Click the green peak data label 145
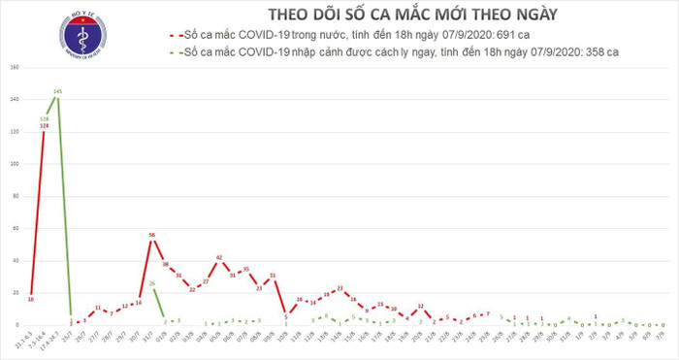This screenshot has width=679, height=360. [58, 91]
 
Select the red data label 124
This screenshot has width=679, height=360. [45, 126]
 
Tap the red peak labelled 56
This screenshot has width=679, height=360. [153, 235]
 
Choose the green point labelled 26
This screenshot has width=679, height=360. [153, 283]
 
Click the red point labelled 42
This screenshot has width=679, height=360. [219, 257]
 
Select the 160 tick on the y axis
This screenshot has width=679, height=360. [15, 68]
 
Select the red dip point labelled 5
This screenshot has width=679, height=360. [286, 316]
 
